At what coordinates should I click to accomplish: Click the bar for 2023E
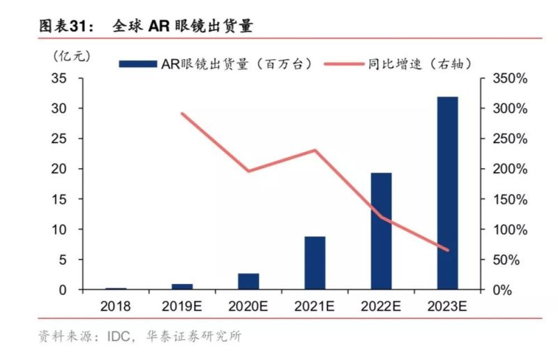click(x=447, y=193)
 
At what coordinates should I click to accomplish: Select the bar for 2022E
click(x=381, y=231)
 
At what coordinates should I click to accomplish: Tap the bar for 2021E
click(x=315, y=263)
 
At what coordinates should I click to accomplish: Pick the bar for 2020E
click(x=248, y=281)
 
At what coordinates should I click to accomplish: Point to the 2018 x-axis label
click(x=116, y=306)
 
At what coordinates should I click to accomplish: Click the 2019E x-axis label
click(x=182, y=306)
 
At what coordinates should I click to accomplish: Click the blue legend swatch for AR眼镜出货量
click(x=137, y=63)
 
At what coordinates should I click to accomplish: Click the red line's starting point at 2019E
click(x=182, y=114)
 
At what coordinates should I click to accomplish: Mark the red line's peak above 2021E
click(x=315, y=150)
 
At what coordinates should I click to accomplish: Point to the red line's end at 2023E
click(x=447, y=250)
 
